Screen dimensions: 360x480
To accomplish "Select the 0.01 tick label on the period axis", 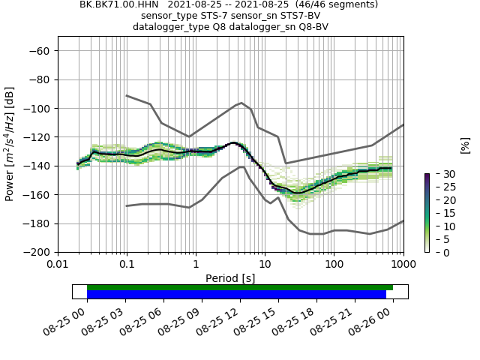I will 58,265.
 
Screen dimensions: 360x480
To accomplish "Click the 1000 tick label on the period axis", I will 403,265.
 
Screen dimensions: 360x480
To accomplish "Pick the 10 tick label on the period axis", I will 265,265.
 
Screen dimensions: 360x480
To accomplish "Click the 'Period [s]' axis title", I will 230,278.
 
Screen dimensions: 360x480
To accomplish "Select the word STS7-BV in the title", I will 301,16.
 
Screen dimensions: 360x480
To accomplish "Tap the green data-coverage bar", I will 240,287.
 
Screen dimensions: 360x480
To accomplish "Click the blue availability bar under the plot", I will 236,295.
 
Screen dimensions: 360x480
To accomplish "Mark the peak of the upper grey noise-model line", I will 241,103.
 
